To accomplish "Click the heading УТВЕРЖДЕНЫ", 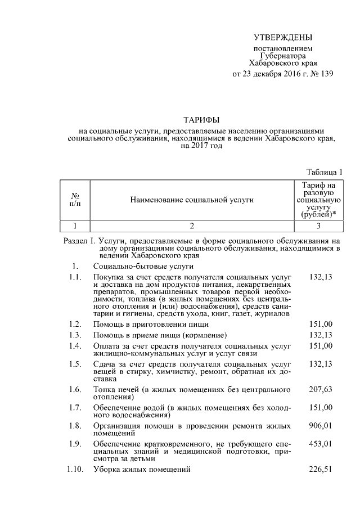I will (x=282, y=38).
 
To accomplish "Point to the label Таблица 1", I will (x=325, y=172).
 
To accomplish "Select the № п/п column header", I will (x=75, y=199).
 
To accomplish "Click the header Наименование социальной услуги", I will (x=191, y=199).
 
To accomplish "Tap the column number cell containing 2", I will (x=191, y=226).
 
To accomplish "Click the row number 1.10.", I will (x=75, y=470).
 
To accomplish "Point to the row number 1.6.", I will (x=75, y=389).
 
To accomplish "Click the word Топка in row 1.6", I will (x=105, y=389).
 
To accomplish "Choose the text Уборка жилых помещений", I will (x=142, y=470).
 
